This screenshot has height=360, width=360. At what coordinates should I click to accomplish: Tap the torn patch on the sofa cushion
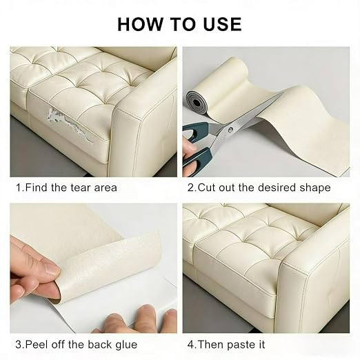tap(70, 125)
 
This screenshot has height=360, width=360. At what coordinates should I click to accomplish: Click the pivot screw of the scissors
tap(230, 130)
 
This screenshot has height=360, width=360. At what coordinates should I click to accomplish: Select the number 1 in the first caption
tap(19, 188)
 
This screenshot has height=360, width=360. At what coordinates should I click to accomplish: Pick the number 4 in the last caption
tap(190, 345)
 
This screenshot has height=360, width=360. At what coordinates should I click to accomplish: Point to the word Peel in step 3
tap(37, 345)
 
